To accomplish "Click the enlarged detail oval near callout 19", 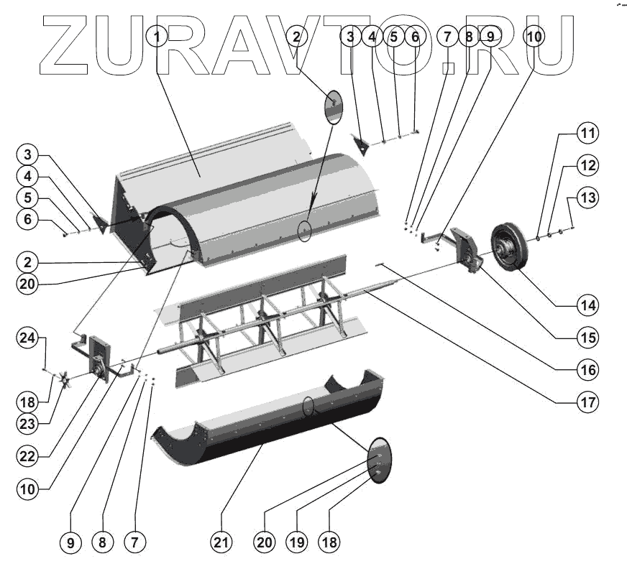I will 379,460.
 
